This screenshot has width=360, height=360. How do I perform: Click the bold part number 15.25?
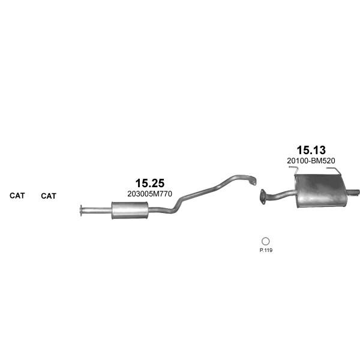pyautogui.click(x=149, y=183)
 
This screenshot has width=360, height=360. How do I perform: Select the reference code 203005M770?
pyautogui.click(x=149, y=194)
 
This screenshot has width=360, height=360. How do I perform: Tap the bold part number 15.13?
pyautogui.click(x=311, y=150)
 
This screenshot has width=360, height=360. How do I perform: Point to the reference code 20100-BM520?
pyautogui.click(x=311, y=161)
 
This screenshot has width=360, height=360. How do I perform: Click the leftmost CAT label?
pyautogui.click(x=17, y=196)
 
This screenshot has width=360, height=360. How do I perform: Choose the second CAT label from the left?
pyautogui.click(x=49, y=196)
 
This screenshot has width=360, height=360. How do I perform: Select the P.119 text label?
pyautogui.click(x=266, y=250)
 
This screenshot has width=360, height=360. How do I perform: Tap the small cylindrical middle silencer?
pyautogui.click(x=130, y=211)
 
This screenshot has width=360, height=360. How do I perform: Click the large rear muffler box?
pyautogui.click(x=320, y=191)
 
